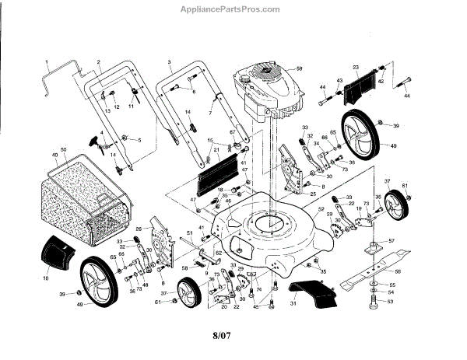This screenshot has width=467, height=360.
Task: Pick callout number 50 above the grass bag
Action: [x=63, y=148]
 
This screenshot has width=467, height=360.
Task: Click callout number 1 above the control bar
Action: [x=46, y=61]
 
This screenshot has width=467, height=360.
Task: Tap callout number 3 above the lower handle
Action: [x=169, y=61]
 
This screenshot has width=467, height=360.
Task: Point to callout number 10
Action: [x=45, y=277]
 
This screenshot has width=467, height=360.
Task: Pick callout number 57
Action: [x=392, y=241]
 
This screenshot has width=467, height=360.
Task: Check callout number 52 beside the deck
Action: [x=321, y=211]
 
